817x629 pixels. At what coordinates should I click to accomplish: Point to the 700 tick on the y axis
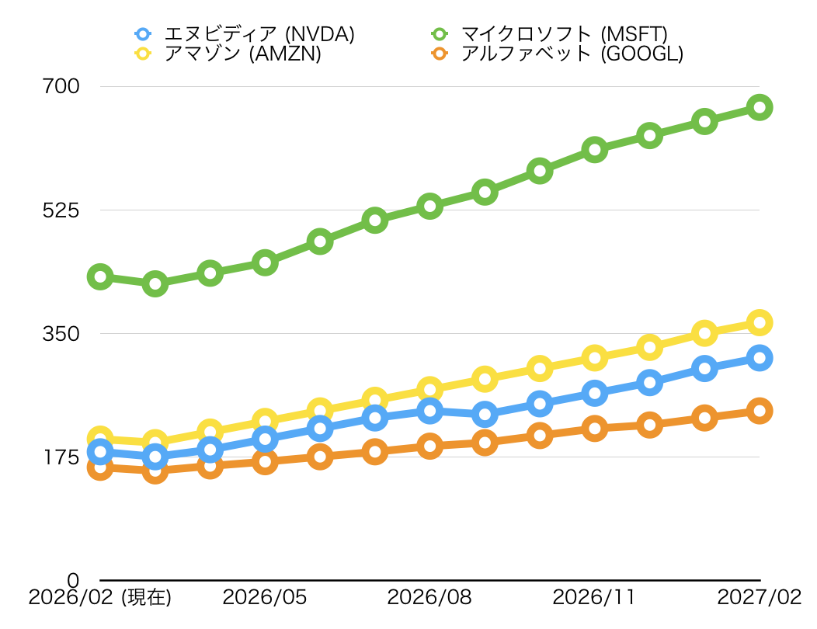(x=61, y=86)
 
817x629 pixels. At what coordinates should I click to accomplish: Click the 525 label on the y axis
(x=61, y=210)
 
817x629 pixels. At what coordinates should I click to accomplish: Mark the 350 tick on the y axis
(x=61, y=333)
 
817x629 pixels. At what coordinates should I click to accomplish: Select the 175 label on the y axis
(x=61, y=457)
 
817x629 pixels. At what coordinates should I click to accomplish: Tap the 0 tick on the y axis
(x=73, y=580)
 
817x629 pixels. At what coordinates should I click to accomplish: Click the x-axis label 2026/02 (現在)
(x=99, y=598)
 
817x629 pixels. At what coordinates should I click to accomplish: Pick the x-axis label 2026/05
(x=265, y=598)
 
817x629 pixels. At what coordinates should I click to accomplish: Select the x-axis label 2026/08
(x=429, y=598)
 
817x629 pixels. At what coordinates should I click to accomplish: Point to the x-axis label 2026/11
(x=594, y=598)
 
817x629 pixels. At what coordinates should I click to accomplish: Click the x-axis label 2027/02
(x=759, y=598)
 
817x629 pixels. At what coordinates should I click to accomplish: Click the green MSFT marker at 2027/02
(x=760, y=107)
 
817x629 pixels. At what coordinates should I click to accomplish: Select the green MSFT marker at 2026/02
(x=100, y=276)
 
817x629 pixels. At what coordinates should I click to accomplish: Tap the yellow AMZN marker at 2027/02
(x=760, y=322)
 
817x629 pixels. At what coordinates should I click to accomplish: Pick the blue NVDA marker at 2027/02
(x=760, y=358)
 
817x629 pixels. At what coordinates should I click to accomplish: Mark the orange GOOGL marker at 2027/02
(x=760, y=411)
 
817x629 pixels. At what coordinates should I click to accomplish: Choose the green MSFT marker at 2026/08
(x=429, y=206)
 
